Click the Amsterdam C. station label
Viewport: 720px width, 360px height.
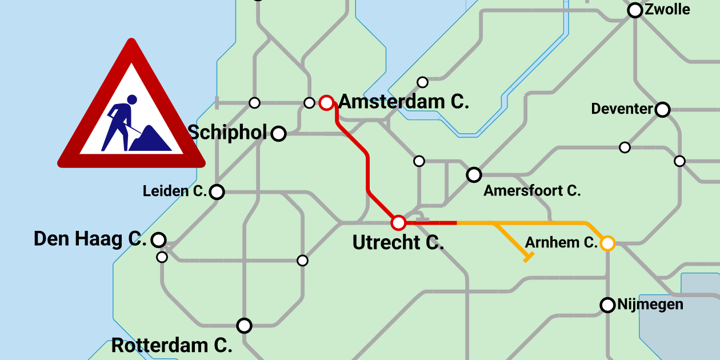(403, 102)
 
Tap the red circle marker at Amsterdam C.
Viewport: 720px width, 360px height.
(326, 103)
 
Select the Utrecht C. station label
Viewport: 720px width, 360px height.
(398, 243)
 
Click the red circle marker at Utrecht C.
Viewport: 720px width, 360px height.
(398, 222)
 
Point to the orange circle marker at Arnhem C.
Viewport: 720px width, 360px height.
(607, 243)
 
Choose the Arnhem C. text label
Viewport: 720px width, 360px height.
(561, 243)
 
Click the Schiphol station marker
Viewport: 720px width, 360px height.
(278, 134)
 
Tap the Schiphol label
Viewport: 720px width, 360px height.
(227, 133)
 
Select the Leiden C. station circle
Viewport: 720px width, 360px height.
(217, 192)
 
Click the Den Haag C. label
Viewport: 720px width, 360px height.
(90, 239)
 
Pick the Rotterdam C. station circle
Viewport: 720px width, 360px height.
(245, 326)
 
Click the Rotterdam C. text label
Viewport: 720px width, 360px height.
(171, 346)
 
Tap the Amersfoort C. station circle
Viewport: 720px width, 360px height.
(474, 175)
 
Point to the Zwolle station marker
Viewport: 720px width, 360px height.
(635, 10)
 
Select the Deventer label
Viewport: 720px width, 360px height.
(622, 109)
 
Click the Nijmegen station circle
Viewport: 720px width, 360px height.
(607, 305)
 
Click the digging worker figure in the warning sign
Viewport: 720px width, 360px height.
(121, 121)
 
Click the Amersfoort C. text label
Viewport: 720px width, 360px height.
(532, 191)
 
